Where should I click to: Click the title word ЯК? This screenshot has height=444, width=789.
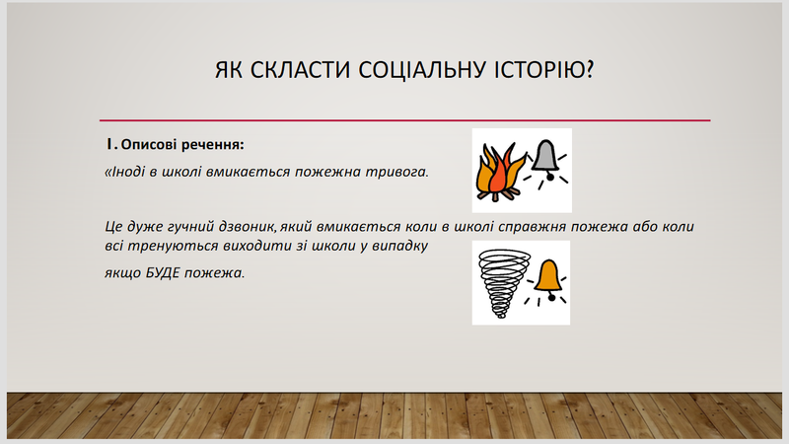(x=229, y=70)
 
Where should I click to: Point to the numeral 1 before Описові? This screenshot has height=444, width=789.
(x=110, y=144)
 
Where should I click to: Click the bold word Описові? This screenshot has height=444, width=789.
(x=149, y=145)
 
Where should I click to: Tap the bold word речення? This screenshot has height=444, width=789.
(x=213, y=145)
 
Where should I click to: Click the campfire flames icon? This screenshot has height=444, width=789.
(x=500, y=172)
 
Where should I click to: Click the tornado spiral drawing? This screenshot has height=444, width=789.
(x=504, y=283)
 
